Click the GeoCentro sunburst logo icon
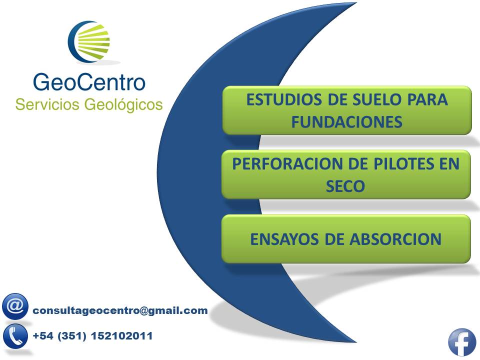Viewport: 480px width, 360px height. point(89,41)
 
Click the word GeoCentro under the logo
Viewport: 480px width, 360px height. point(89,82)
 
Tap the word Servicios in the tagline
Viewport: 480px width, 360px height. point(47,104)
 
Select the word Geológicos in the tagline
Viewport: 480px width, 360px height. point(123,105)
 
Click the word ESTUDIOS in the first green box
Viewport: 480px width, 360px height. point(284,100)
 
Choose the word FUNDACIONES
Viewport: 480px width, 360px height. point(347,122)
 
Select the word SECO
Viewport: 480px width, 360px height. point(345,186)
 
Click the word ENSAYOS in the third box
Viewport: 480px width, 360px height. point(284,239)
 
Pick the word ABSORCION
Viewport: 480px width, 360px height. point(396,239)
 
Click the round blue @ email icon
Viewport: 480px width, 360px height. point(15,306)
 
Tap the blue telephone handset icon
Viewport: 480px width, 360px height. point(15,336)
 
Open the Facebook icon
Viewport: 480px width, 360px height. point(462,342)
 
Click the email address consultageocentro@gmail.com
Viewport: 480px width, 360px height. point(120,310)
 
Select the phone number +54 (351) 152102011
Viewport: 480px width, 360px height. point(92,336)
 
